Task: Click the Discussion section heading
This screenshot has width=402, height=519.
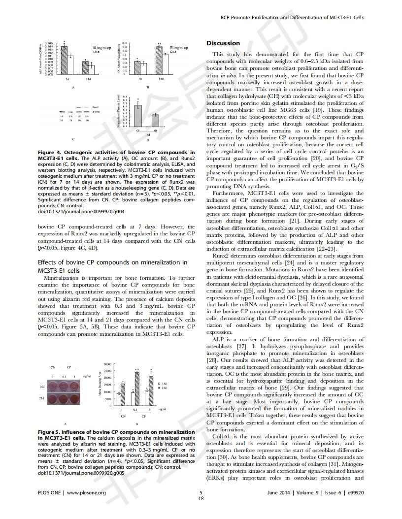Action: pyautogui.click(x=223, y=43)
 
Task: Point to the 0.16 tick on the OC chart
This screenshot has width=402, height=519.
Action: pyautogui.click(x=125, y=43)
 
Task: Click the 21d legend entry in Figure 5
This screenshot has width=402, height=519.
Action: pyautogui.click(x=163, y=388)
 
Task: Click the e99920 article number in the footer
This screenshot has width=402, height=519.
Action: pyautogui.click(x=355, y=492)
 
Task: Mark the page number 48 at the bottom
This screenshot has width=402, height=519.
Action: pyautogui.click(x=201, y=498)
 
